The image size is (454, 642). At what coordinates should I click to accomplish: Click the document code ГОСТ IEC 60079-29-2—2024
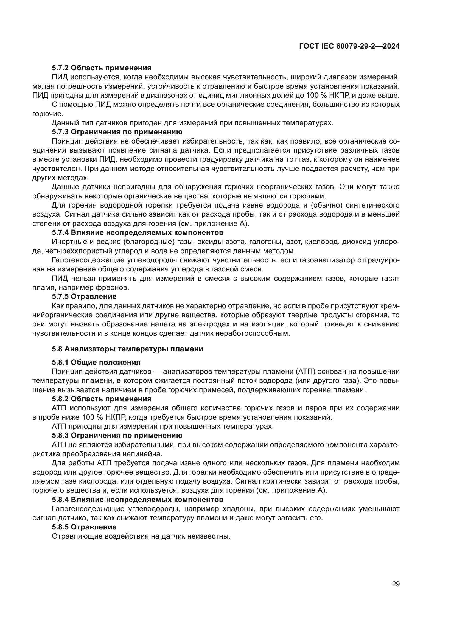pos(349,46)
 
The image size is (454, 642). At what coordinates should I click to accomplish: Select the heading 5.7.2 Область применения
pos(102,68)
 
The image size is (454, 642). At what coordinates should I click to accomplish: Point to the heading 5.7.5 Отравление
pos(84,296)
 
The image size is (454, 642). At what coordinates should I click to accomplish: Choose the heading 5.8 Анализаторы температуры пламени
pos(127,349)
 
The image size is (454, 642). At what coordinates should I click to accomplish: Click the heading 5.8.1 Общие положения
pos(96,362)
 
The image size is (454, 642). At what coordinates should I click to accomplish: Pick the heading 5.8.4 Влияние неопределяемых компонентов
pos(138,499)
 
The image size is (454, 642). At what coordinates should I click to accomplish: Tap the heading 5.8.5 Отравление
pos(84,527)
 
